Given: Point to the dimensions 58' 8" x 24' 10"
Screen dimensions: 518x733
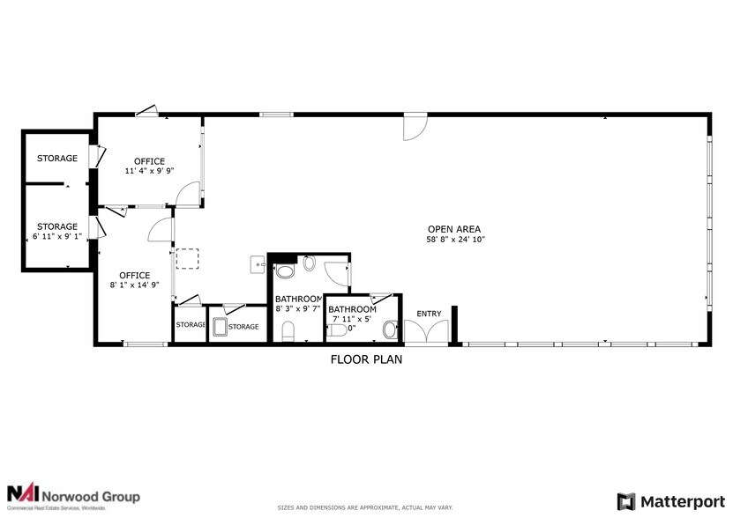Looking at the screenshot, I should (x=456, y=240).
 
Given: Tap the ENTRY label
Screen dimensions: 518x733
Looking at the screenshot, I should (x=429, y=314).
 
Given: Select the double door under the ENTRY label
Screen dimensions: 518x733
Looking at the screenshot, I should (x=427, y=331).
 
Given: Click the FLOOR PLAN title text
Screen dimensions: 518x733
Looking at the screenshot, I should (x=367, y=359).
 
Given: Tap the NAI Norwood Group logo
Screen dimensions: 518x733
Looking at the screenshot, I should (x=73, y=496).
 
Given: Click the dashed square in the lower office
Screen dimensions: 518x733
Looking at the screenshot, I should (x=188, y=259).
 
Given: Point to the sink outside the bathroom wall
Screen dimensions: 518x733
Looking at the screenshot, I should (x=256, y=263).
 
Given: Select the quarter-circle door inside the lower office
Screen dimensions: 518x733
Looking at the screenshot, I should (x=160, y=230).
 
